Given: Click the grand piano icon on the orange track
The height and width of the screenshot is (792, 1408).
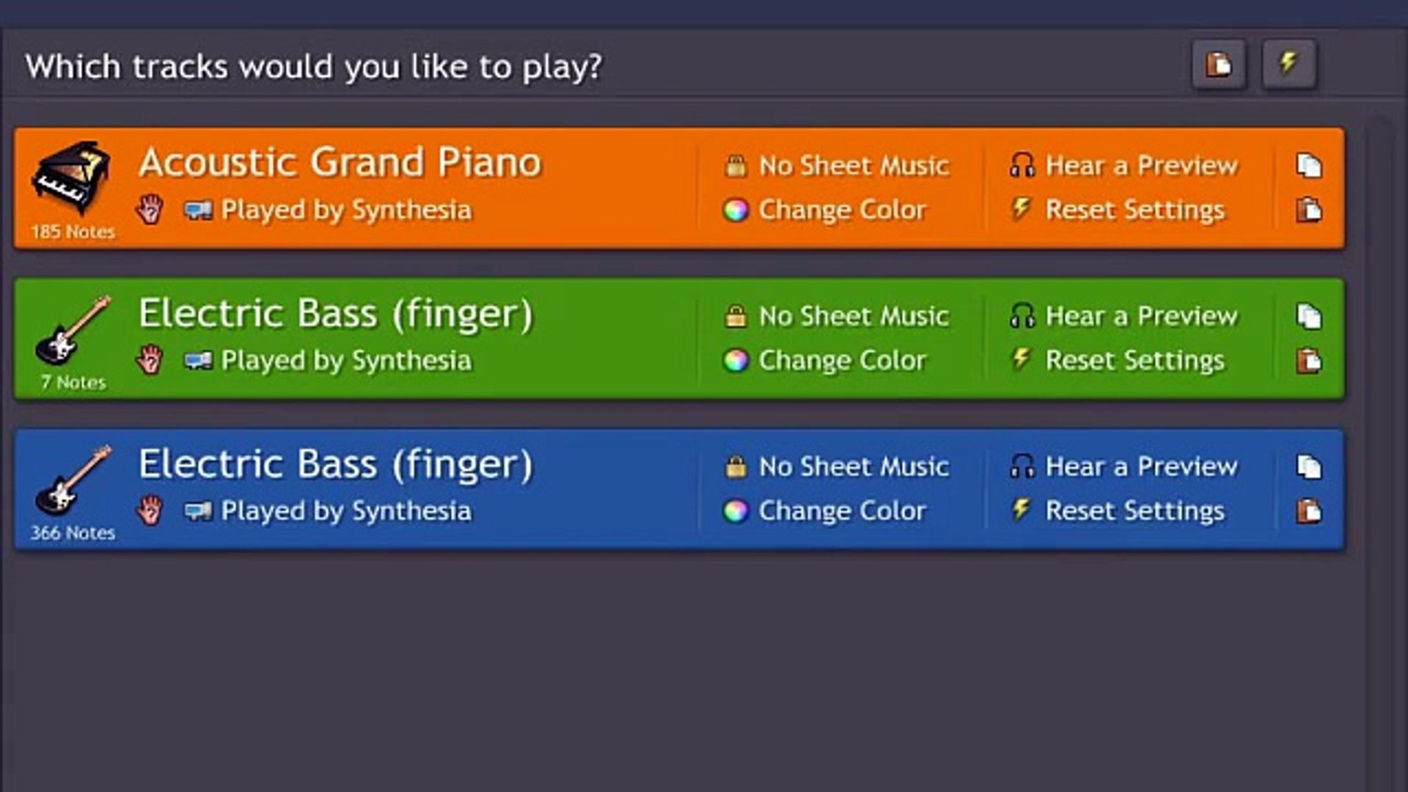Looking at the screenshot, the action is pos(71,179).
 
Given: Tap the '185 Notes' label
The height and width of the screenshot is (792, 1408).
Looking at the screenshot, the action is pos(73,232).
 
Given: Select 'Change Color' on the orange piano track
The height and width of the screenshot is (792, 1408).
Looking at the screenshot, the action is pos(842,210).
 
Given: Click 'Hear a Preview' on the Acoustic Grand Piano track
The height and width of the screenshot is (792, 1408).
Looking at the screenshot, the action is pos(1141,166).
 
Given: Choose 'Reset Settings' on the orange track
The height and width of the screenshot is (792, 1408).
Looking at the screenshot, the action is pos(1134,210).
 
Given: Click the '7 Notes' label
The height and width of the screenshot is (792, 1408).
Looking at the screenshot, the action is pos(73,382).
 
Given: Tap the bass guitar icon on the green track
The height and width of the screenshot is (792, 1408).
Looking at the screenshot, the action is pos(73,330).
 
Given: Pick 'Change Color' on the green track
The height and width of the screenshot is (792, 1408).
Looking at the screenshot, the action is pos(842,361).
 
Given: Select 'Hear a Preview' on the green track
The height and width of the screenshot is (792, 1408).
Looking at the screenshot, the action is pos(1141,316).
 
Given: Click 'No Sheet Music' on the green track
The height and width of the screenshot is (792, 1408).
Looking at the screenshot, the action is pos(854,316).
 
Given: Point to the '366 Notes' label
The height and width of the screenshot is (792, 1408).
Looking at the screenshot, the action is pos(73,532).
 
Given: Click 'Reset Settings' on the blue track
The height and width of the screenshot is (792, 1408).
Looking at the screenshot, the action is pos(1134,511).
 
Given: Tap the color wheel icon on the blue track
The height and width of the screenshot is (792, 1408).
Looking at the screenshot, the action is pos(736,511).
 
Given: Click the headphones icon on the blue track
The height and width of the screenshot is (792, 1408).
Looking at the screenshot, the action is pos(1022,466).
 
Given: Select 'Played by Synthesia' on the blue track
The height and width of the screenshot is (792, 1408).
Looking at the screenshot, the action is pos(346,511).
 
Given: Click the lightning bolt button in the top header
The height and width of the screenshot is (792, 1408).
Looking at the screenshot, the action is pos(1288,64).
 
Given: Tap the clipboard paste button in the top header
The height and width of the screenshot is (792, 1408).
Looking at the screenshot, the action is pos(1218,64).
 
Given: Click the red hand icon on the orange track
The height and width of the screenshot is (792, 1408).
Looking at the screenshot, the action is pos(150,210).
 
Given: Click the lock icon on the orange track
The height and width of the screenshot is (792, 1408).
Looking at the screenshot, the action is pos(736,166).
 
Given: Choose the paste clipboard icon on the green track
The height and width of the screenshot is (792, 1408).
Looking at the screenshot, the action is pos(1308,361).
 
